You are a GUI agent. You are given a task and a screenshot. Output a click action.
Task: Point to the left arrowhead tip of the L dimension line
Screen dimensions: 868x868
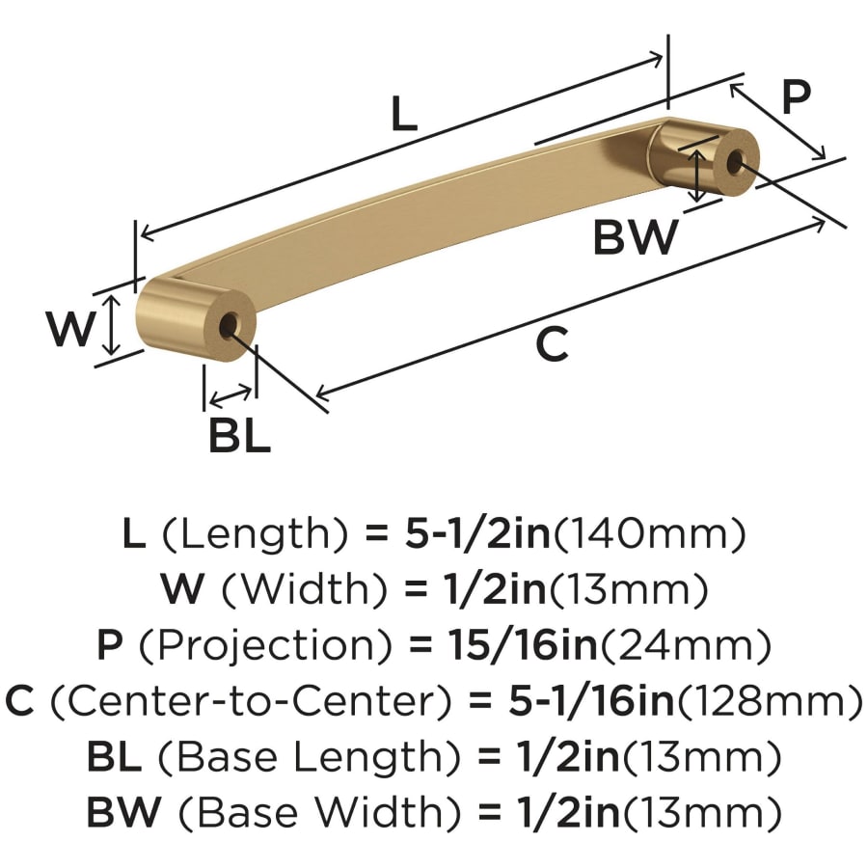point(142,238)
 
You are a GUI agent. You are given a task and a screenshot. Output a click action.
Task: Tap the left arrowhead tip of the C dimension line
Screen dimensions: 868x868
point(315,395)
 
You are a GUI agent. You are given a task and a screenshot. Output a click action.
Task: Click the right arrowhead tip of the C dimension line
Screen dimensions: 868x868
point(826,222)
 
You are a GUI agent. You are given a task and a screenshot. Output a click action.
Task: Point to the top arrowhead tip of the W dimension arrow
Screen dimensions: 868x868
point(113,295)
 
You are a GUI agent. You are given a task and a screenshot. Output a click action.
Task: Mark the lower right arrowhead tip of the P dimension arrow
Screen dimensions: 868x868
point(825,159)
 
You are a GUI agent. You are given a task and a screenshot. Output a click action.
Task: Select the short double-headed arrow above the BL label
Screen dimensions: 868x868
point(231,395)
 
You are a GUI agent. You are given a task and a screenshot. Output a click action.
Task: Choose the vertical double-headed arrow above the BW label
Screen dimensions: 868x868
point(698,176)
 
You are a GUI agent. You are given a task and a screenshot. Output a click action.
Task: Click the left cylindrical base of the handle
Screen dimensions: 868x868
point(196,320)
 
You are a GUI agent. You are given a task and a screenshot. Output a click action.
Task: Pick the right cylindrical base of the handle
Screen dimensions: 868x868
point(703,157)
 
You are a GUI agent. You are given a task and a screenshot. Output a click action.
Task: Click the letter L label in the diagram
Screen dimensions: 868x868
point(403,114)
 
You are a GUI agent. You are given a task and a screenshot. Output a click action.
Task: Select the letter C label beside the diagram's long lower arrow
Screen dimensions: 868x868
point(553,343)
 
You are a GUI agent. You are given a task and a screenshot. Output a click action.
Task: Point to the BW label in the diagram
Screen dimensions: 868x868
point(635,237)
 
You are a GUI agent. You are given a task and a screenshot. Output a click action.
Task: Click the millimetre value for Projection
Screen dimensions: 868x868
point(687,645)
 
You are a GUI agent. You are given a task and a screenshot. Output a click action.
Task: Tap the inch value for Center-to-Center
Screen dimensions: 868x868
point(591,701)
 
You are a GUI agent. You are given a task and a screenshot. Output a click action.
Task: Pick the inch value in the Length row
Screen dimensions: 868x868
point(477,533)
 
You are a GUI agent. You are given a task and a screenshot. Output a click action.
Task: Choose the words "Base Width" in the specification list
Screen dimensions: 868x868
point(319,813)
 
